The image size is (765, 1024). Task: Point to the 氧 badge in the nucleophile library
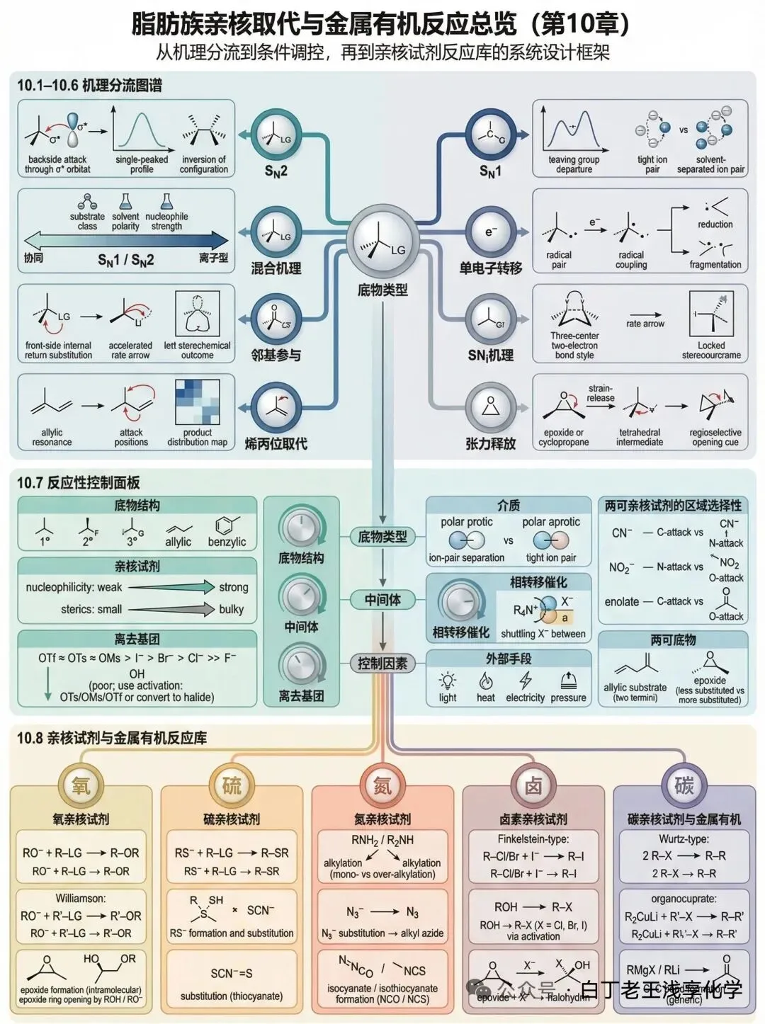coord(81,785)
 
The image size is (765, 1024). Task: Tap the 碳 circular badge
coord(684,785)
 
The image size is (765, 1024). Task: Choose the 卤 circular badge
coord(533,785)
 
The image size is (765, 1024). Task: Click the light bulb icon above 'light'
coord(448,681)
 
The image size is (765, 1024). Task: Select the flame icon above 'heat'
coord(486,681)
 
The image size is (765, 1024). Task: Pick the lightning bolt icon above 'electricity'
coord(525,681)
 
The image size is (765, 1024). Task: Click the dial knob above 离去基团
coord(301,666)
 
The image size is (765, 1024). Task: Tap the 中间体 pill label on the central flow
coord(382,600)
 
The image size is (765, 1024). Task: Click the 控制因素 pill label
coord(382,664)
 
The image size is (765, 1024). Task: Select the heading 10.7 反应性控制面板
coord(79,483)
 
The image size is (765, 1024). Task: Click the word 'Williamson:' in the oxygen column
coord(81,898)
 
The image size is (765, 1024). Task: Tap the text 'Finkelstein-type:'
coord(533,838)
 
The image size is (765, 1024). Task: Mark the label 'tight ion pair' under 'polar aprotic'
coord(551,557)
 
